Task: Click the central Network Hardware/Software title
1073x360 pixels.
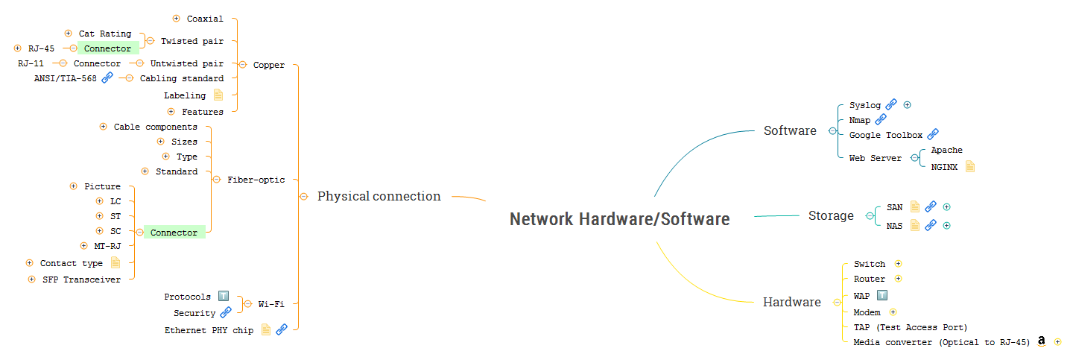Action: coord(619,219)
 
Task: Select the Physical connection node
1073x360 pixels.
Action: coord(379,196)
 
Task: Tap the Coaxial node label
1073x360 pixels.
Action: coord(205,19)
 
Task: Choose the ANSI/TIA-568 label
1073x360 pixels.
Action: coord(66,78)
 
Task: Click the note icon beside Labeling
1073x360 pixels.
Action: coord(218,95)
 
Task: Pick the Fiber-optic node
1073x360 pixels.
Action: coord(256,180)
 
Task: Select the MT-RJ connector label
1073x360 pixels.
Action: coord(107,245)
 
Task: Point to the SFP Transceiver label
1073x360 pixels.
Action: coord(81,280)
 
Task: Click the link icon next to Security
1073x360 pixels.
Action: coord(226,313)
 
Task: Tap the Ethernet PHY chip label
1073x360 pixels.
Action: coord(209,330)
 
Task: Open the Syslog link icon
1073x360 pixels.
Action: coord(891,105)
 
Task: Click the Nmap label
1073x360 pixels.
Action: coord(859,119)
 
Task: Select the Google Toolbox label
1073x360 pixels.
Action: coord(885,135)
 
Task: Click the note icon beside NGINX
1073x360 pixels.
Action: coord(970,166)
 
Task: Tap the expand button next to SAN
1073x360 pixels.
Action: coord(946,207)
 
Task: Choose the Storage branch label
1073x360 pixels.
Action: coord(831,215)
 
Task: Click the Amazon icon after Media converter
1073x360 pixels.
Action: coord(1042,341)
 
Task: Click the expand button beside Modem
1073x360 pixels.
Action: coord(893,312)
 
